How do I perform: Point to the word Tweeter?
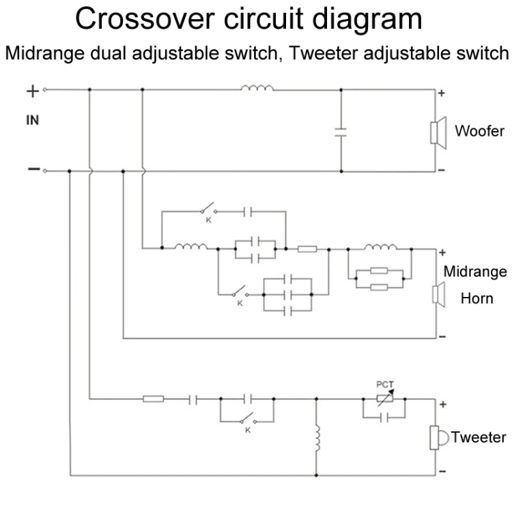click(479, 438)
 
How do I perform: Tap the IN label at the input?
click(32, 121)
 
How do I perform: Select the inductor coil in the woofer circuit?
click(257, 87)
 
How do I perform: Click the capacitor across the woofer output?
click(341, 131)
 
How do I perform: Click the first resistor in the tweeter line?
click(153, 399)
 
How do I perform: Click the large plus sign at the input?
click(32, 91)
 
